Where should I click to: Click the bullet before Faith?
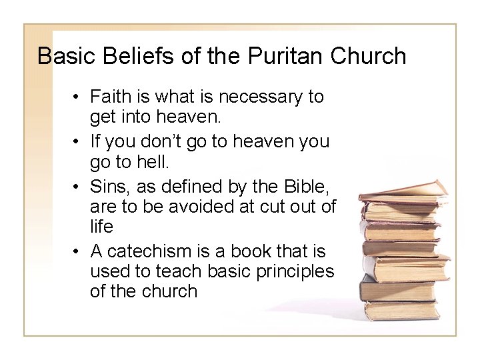[78, 97]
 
